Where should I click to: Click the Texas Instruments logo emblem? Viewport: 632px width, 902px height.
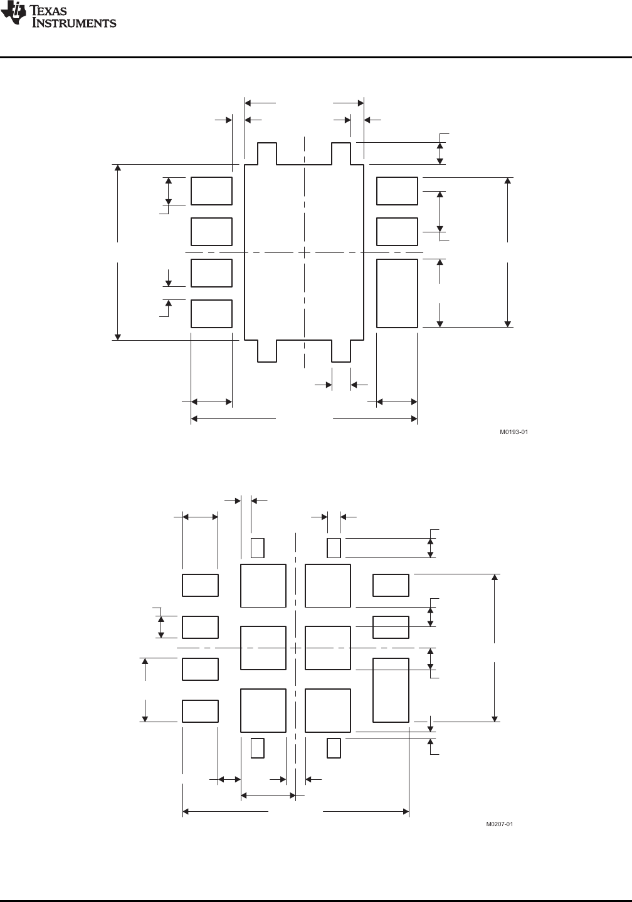click(13, 13)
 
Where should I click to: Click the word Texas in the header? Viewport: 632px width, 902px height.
click(48, 10)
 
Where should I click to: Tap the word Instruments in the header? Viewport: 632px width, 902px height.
click(74, 23)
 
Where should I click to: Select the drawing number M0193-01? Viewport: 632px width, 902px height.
click(513, 432)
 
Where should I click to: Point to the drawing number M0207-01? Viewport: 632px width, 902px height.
click(499, 824)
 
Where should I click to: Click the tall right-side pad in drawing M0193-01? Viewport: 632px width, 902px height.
click(397, 293)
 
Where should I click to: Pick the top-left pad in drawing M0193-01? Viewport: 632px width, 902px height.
click(212, 191)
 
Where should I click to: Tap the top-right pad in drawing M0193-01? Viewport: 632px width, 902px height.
click(397, 191)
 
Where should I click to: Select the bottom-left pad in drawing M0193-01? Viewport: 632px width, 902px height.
click(212, 314)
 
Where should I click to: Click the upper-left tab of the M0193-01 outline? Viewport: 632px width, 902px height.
click(267, 153)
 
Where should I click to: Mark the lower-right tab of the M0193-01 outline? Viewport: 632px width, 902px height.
click(341, 351)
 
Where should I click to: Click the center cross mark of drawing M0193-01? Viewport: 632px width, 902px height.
click(304, 253)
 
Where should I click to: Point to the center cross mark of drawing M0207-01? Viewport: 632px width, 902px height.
click(296, 648)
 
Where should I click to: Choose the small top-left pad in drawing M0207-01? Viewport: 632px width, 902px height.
click(258, 548)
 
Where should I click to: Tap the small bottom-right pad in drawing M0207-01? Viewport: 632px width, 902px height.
click(334, 748)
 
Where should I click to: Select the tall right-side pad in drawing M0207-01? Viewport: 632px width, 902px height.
click(391, 690)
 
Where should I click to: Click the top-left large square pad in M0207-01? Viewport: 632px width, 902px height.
click(263, 586)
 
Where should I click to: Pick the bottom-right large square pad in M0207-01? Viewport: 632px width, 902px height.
click(328, 710)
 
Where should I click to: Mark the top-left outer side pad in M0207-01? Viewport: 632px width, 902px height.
click(201, 585)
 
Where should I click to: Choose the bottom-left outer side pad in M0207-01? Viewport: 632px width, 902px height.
click(201, 711)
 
